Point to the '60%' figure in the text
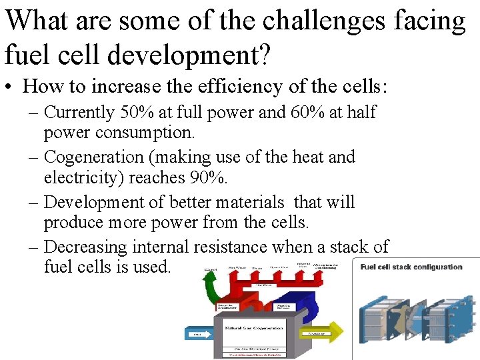[x=307, y=112]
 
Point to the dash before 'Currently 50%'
[x=34, y=113]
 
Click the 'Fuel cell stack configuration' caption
[x=411, y=267]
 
